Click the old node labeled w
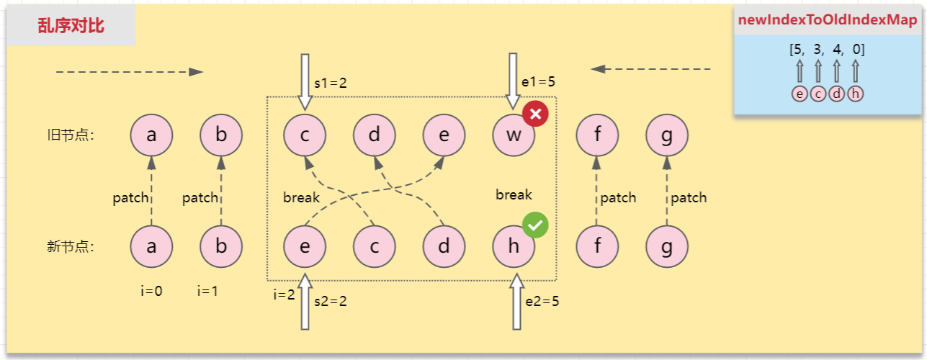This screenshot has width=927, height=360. pos(514,135)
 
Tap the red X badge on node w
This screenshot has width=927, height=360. pos(535,113)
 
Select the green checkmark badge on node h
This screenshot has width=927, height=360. pos(535,225)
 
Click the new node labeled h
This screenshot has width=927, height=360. pos(514,246)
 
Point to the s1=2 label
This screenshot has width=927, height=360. pos(330,84)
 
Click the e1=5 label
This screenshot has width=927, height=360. pos(538,81)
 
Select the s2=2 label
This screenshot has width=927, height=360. pos(330,301)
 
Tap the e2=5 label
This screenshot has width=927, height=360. pos(542,301)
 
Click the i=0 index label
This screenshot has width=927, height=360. pos(151,291)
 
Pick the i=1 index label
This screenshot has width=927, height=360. pos(207,291)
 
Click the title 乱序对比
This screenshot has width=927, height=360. pos(71,26)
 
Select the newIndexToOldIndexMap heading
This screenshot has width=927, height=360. pos(828,19)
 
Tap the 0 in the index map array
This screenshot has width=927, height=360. pos(856,49)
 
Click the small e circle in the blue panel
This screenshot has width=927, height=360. pos(800,94)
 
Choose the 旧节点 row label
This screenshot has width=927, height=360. pos(71,135)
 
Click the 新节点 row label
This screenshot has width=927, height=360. pos(71,246)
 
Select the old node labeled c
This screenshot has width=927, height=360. pos(305,135)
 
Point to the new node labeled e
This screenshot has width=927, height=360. pos(305,246)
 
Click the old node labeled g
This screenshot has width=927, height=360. pos(667,135)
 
